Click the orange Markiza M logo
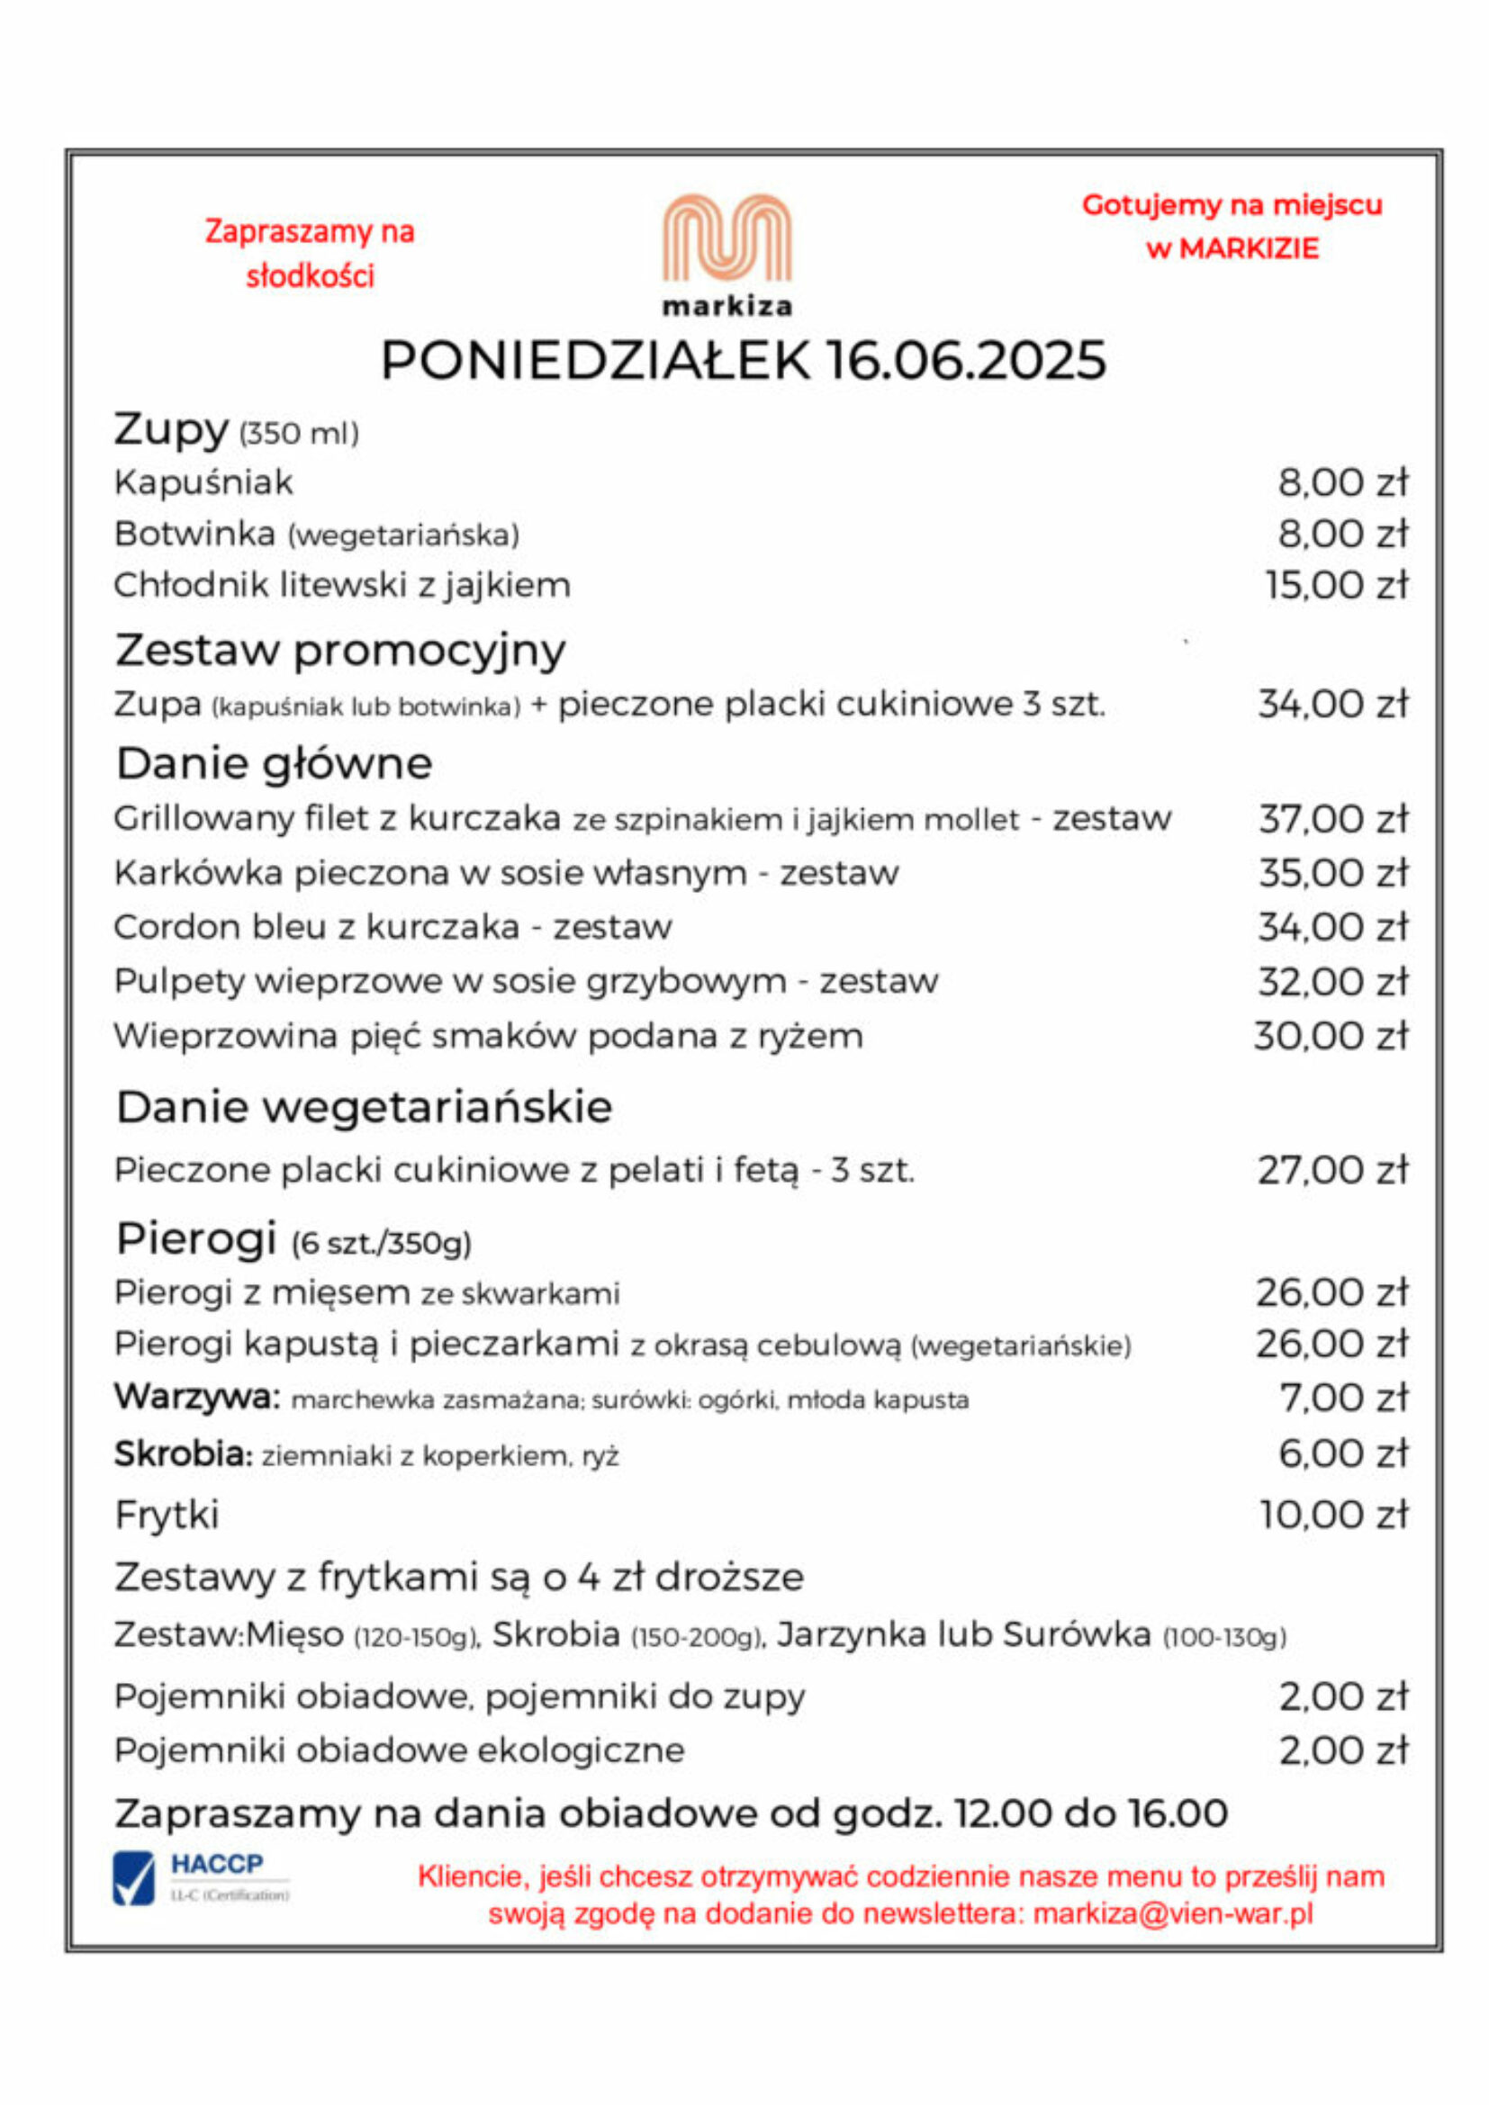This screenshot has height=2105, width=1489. point(726,238)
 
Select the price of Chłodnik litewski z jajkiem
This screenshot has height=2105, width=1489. point(1336,585)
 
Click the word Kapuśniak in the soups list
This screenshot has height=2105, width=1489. point(203,482)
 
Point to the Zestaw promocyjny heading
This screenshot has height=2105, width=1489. point(340,650)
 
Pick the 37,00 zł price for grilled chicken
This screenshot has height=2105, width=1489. point(1332,819)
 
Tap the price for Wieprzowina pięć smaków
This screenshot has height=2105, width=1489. point(1331,1036)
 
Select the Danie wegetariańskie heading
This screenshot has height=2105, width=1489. point(364,1107)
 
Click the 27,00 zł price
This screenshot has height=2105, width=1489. point(1332,1170)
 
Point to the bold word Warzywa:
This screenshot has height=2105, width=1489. point(196,1398)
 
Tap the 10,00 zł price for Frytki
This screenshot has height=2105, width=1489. point(1333,1514)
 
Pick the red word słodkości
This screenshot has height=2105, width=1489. point(310,276)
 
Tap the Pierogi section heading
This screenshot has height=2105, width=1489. point(196,1238)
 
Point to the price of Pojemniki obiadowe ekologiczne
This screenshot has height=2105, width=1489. point(1343,1750)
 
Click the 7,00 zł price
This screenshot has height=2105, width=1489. point(1343,1398)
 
